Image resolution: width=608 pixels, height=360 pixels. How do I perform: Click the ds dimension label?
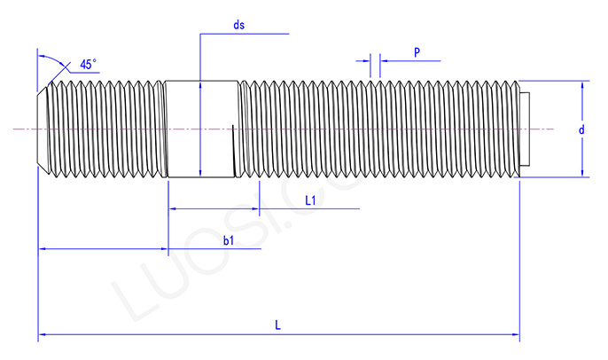(238, 25)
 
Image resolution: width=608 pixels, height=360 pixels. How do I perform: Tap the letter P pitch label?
(417, 52)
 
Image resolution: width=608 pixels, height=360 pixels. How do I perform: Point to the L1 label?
(311, 200)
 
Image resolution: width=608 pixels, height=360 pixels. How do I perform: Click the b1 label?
(228, 240)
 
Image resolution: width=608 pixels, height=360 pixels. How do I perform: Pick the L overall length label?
(277, 325)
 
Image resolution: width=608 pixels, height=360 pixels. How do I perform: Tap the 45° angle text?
(88, 64)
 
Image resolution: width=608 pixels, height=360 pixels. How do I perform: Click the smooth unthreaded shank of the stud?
(201, 129)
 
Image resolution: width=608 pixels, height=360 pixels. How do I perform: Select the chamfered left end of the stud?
(43, 129)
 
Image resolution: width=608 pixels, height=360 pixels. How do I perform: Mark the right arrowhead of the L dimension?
(515, 336)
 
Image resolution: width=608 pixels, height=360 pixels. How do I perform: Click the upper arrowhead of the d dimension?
(583, 87)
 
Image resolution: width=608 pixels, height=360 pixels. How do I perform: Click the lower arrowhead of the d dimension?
(583, 172)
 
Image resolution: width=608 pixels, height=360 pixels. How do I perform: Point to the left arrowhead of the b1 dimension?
(43, 249)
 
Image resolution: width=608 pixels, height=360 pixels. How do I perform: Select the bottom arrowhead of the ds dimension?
(201, 173)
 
